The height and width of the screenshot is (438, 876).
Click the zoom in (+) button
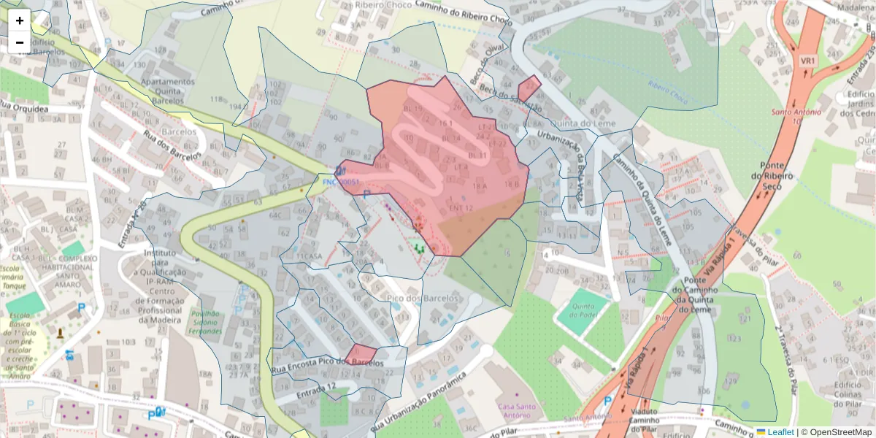(20, 20)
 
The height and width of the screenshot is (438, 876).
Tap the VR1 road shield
(807, 60)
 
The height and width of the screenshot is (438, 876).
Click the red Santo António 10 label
(796, 116)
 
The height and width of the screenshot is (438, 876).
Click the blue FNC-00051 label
(341, 182)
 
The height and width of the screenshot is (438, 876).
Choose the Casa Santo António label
(518, 411)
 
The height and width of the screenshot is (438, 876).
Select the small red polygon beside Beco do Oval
(529, 89)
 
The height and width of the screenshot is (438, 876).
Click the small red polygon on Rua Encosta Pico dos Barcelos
(361, 355)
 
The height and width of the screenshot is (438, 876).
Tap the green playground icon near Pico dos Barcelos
(420, 248)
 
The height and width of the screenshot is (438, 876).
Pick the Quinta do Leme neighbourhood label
(583, 123)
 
